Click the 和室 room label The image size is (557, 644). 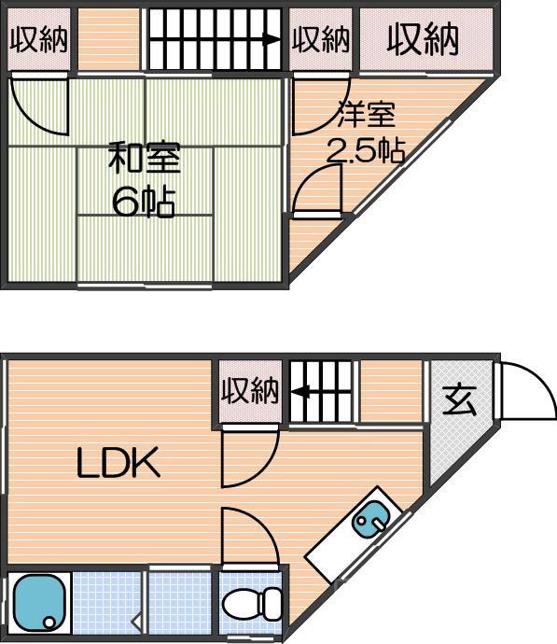[144, 158]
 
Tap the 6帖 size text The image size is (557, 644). [144, 201]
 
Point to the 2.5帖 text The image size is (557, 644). [364, 150]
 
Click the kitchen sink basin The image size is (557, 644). [370, 518]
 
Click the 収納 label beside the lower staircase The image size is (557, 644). [250, 391]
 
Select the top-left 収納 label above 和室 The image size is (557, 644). [38, 39]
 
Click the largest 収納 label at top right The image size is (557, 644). [423, 39]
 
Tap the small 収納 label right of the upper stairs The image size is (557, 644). [320, 39]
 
